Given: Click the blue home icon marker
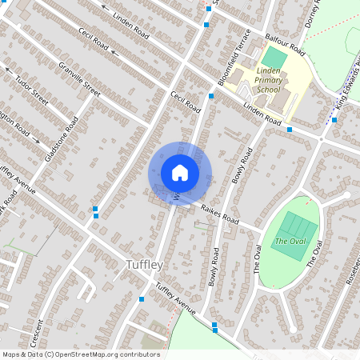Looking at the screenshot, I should click(x=180, y=173).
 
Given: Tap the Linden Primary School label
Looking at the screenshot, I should click(x=268, y=80).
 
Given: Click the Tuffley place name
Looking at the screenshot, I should click(x=145, y=265).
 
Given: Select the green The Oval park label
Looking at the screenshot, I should click(x=290, y=241).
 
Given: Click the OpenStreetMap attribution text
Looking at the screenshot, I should click(x=80, y=354).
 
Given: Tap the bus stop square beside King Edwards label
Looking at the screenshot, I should click(x=334, y=120).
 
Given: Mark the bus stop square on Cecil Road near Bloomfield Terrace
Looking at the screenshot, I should click(x=211, y=96).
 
